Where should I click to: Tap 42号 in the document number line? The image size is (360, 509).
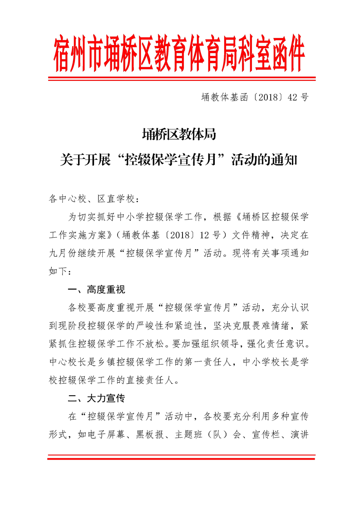coord(298,97)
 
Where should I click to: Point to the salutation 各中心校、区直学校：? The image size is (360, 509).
coord(92,199)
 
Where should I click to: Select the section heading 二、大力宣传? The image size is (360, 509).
coord(96,399)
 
